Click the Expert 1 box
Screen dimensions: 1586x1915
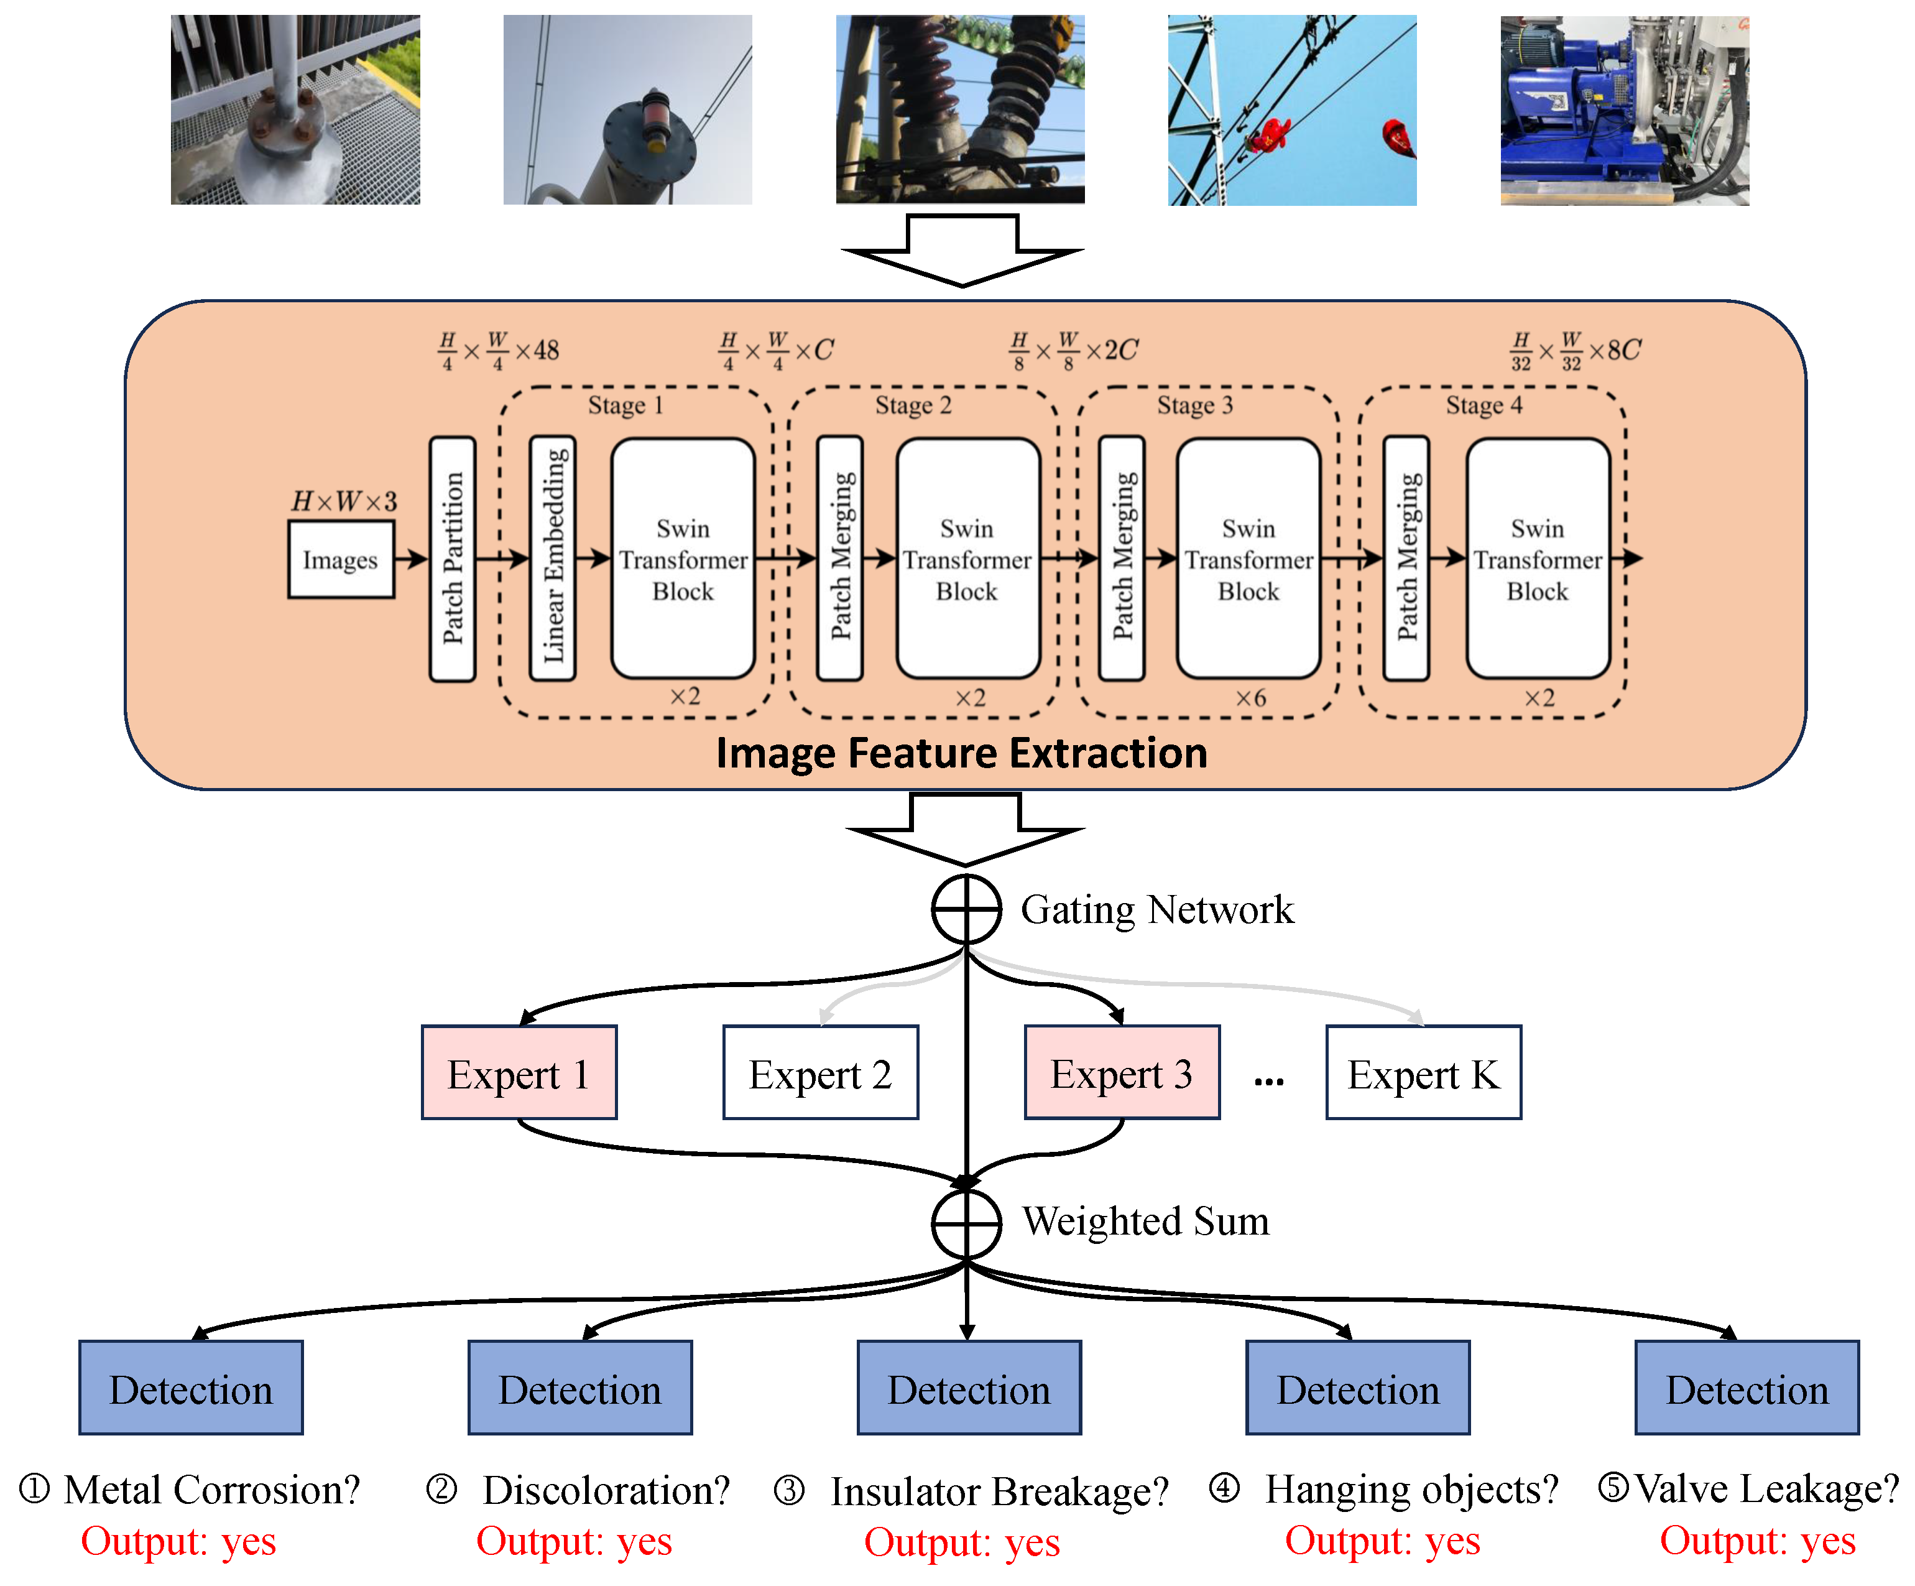point(519,1072)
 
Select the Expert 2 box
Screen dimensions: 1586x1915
point(821,1072)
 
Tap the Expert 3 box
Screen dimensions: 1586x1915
point(1122,1072)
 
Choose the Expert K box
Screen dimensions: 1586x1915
point(1423,1072)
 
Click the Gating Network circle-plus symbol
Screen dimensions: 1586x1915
point(966,909)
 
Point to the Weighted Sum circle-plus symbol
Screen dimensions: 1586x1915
point(966,1223)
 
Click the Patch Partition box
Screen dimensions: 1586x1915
point(452,558)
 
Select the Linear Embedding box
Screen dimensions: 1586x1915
point(553,558)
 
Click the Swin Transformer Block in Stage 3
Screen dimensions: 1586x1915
point(1248,558)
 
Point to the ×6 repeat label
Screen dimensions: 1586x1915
point(1250,698)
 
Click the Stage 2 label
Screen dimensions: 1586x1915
point(913,405)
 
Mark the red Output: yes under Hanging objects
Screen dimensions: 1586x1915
point(1382,1541)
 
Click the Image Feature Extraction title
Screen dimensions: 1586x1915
point(961,753)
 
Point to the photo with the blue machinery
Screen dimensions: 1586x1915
point(1624,110)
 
